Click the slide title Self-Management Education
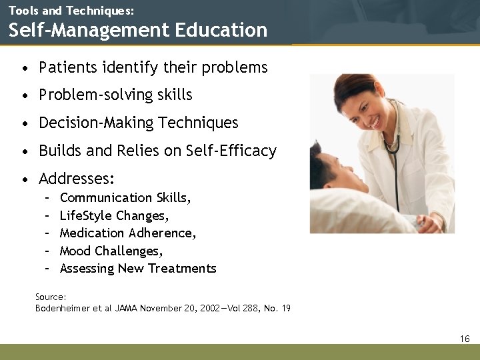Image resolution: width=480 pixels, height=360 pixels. pos(138,30)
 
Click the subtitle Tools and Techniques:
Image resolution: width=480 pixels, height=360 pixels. pos(71,11)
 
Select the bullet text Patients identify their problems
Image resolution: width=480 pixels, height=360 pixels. pos(153,67)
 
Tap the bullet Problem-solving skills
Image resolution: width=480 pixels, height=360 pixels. pos(115,95)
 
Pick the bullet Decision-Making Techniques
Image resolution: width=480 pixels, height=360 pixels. pos(139,123)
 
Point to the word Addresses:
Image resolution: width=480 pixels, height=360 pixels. pos(77,179)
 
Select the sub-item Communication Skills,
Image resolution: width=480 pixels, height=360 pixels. pos(125,197)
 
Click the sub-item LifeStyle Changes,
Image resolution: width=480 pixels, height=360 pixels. pos(114,215)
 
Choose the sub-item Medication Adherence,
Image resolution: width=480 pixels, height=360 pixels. pos(128,233)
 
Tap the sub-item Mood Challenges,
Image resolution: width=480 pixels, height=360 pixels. pos(111,251)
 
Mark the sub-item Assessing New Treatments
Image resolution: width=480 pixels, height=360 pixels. pos(138,268)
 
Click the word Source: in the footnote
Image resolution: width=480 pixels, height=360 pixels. pos(51,297)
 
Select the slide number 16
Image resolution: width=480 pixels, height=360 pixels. pos(465,339)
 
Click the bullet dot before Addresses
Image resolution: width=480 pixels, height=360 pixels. pos(25,179)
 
